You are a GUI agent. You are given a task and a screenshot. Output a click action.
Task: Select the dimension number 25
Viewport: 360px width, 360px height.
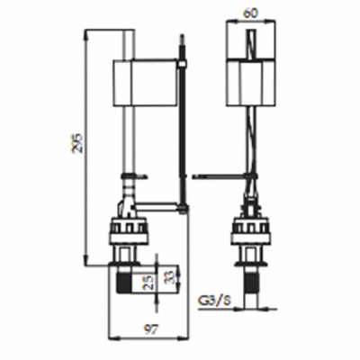click(149, 282)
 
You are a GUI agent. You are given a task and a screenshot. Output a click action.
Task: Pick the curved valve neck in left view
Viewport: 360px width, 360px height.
click(127, 193)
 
